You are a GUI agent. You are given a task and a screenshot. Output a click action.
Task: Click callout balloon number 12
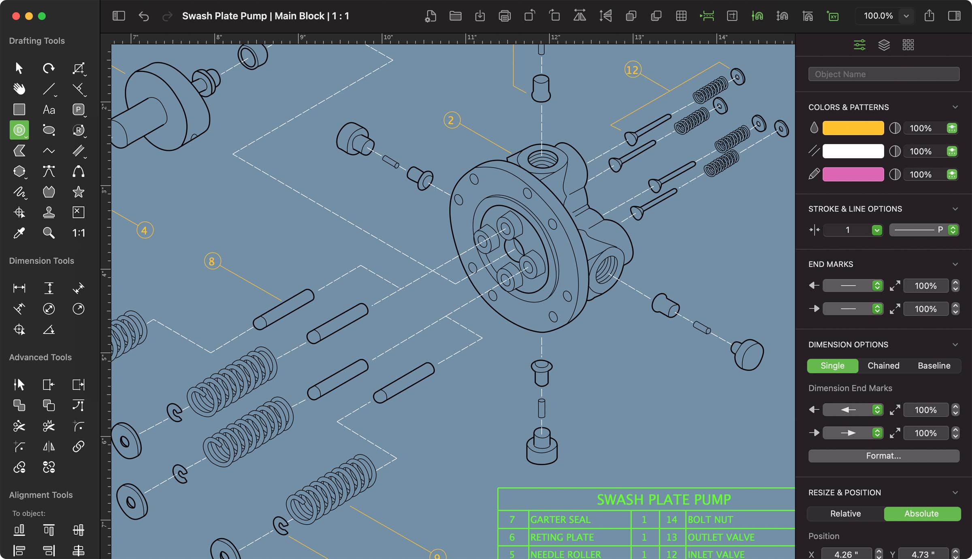click(x=632, y=70)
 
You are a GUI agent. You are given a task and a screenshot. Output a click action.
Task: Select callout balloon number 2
click(x=451, y=120)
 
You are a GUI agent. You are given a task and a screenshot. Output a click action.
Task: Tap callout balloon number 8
click(x=212, y=261)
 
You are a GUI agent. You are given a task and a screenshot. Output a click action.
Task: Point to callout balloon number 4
click(x=145, y=230)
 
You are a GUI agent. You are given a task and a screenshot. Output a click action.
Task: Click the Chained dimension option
click(x=883, y=366)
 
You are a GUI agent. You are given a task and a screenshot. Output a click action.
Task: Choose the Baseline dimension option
click(x=934, y=366)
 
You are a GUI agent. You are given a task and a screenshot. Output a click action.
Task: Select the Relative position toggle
click(x=845, y=513)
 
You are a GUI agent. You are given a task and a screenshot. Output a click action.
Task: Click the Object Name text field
click(x=883, y=74)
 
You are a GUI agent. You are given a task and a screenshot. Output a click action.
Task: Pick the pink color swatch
click(x=853, y=174)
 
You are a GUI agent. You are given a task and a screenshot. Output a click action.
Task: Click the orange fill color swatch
click(x=853, y=128)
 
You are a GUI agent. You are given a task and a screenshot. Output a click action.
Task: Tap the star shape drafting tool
click(x=78, y=191)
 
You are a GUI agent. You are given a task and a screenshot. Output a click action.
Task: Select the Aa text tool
click(x=49, y=110)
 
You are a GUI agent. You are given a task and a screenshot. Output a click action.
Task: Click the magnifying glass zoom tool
click(x=49, y=233)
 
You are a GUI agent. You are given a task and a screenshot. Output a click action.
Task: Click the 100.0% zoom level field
click(x=878, y=16)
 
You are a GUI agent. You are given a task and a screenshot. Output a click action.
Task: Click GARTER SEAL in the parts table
click(x=560, y=519)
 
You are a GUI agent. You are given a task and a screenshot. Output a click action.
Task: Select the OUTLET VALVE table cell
click(x=721, y=537)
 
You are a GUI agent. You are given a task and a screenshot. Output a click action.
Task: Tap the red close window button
click(x=16, y=16)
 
